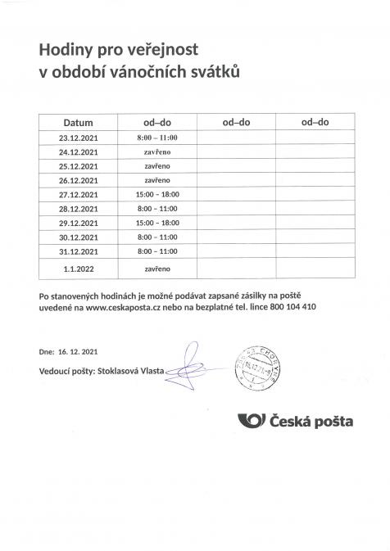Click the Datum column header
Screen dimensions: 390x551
79,121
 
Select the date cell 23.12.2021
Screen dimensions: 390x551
79,138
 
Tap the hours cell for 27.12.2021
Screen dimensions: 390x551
156,194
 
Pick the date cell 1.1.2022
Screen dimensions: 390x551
79,267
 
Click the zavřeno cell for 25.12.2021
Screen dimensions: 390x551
156,165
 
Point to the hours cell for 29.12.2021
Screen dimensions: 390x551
156,223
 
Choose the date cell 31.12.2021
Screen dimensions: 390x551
79,251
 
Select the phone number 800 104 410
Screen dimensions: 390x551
289,306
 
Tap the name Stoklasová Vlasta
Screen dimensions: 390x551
130,371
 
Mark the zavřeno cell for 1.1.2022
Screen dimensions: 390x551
156,267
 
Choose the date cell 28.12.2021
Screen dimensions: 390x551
79,208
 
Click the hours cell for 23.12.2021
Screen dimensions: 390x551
156,138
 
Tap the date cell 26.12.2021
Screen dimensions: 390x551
79,180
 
